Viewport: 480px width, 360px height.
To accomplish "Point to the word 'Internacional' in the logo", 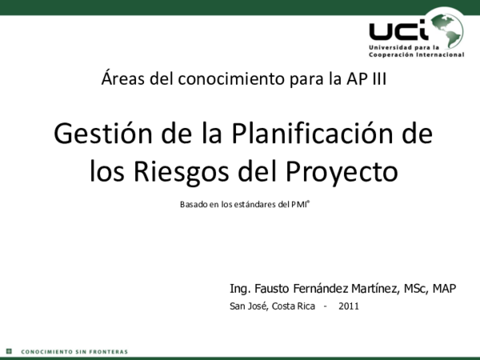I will [440, 54].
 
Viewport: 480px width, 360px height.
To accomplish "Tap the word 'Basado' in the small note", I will [193, 206].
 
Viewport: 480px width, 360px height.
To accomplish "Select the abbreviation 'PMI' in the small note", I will [298, 206].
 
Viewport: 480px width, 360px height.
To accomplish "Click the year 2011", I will [349, 306].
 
